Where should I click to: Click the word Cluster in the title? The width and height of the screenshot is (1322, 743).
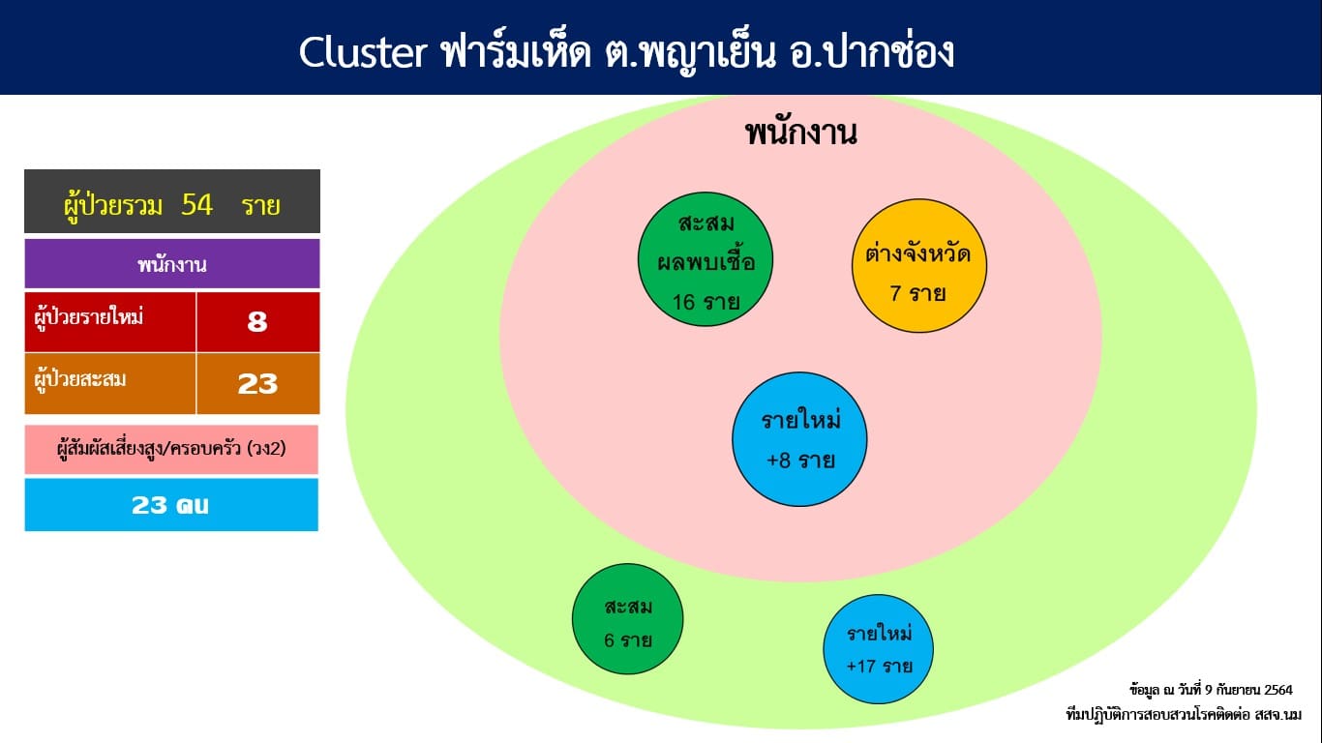(363, 52)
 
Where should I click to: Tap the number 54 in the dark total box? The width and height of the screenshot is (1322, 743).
(197, 205)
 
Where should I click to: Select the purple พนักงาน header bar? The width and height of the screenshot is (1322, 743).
(172, 263)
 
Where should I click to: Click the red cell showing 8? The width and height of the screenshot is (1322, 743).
(257, 321)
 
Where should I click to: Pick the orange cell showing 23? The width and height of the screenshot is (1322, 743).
(257, 384)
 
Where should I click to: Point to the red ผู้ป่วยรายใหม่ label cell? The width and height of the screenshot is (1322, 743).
(110, 321)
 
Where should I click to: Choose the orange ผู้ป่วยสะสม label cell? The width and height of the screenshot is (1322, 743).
(110, 384)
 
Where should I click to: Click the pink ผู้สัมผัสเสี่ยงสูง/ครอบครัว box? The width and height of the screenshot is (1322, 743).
(171, 450)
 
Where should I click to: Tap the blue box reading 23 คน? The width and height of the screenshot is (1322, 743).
(171, 505)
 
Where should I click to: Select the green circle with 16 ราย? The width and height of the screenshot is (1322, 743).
(706, 259)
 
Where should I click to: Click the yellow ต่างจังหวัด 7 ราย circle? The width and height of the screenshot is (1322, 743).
(918, 266)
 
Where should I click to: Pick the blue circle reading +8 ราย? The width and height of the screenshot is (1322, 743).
(799, 439)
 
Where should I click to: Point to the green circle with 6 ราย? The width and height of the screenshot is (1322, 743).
(627, 619)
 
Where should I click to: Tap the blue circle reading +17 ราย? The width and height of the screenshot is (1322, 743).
(879, 648)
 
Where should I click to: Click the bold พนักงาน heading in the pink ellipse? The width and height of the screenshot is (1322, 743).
(801, 134)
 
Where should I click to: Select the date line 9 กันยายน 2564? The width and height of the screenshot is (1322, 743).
(1211, 690)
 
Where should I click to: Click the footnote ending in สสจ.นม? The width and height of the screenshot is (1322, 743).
(1184, 715)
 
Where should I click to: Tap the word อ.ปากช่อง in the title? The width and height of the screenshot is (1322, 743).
(872, 52)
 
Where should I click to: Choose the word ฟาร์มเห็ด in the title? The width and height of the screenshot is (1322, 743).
(516, 52)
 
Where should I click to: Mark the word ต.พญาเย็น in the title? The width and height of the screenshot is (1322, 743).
(690, 53)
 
